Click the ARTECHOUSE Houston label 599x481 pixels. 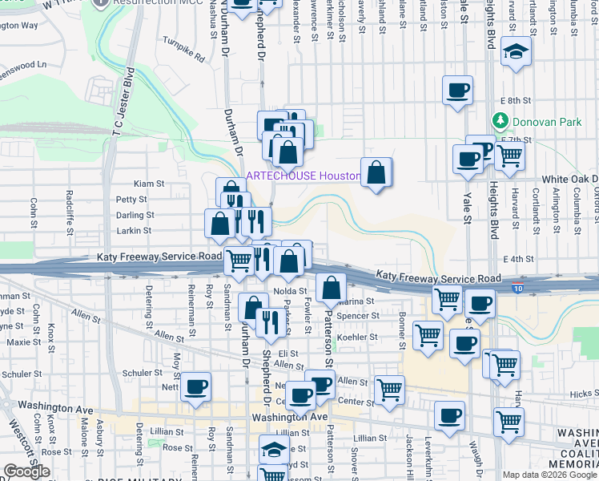tap(302, 176)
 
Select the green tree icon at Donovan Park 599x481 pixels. tap(501, 121)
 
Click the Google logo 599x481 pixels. tap(26, 471)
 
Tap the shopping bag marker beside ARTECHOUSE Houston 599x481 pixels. tap(376, 172)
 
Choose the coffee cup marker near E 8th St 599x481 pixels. tap(458, 91)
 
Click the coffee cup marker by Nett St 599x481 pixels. tap(196, 387)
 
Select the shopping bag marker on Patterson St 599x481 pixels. tap(330, 288)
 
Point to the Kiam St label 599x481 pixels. tap(148, 184)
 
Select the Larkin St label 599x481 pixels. tap(135, 231)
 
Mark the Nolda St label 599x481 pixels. tap(291, 291)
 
